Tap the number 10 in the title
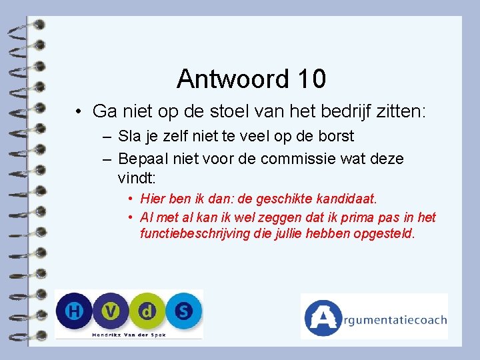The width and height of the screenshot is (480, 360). pos(309,79)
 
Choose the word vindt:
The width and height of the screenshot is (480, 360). pos(136,178)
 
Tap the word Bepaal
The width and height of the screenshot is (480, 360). pos(140,159)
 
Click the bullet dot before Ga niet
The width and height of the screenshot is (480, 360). pos(79,111)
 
